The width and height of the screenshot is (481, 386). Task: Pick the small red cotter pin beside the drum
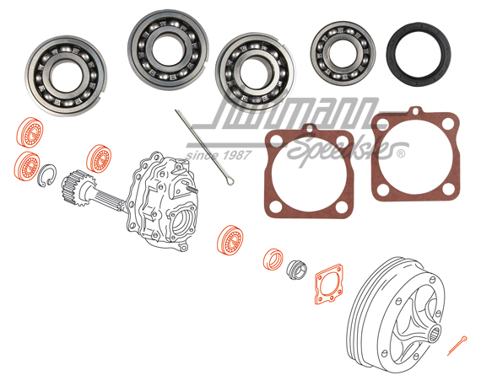click(x=457, y=343)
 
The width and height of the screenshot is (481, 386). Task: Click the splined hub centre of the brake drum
click(x=436, y=330)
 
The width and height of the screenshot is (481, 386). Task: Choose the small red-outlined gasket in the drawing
click(x=328, y=286)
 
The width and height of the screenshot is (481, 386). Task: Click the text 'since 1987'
click(x=214, y=157)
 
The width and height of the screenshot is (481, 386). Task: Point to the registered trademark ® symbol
click(x=400, y=154)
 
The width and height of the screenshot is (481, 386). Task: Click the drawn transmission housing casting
click(x=165, y=202)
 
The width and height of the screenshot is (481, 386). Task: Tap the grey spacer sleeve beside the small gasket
click(x=296, y=270)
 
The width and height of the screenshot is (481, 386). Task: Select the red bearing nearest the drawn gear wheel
click(x=98, y=158)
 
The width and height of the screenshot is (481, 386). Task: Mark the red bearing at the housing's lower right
click(x=230, y=240)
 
